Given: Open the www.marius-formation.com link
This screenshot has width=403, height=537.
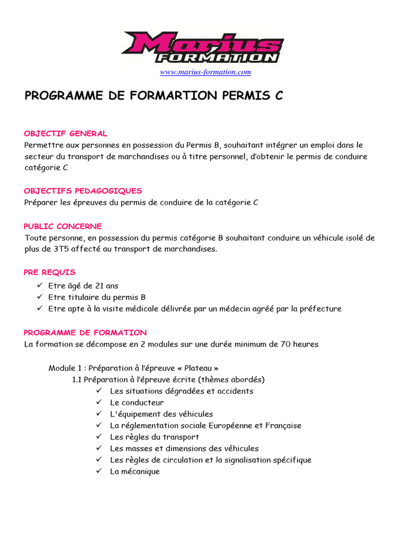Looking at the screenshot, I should pyautogui.click(x=205, y=72).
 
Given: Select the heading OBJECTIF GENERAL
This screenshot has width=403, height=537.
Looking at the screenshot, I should pyautogui.click(x=66, y=134).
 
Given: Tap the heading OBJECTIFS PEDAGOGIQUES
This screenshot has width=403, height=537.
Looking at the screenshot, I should pyautogui.click(x=83, y=191).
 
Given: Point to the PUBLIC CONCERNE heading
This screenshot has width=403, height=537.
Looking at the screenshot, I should pyautogui.click(x=63, y=227).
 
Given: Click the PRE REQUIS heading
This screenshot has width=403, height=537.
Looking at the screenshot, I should pyautogui.click(x=50, y=273).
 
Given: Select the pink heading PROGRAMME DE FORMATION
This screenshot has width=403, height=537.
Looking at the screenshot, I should pyautogui.click(x=86, y=333).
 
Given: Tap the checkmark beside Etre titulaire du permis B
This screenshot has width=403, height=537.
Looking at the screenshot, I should pyautogui.click(x=39, y=297).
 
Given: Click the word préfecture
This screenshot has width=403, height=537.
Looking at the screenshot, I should pyautogui.click(x=321, y=309).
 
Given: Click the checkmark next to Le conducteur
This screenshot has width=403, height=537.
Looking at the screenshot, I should pyautogui.click(x=99, y=403).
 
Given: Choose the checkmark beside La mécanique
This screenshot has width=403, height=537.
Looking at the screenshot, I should pyautogui.click(x=99, y=471).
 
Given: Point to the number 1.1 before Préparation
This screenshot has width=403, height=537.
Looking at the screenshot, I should pyautogui.click(x=77, y=380).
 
